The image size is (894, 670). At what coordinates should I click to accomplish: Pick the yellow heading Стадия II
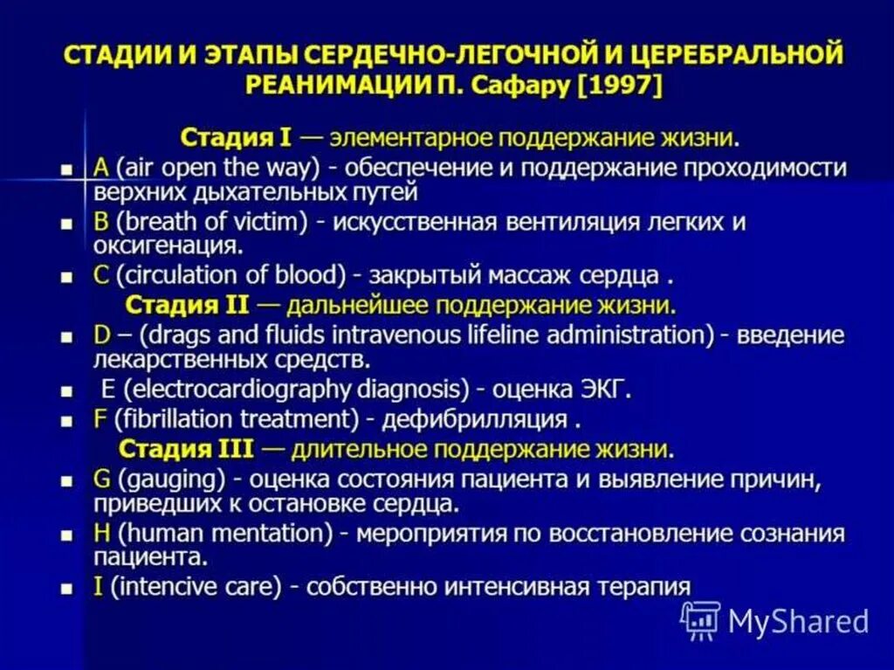click(188, 306)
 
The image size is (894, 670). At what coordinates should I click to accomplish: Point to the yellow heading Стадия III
click(186, 449)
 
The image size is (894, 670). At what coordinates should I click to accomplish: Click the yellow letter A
click(100, 167)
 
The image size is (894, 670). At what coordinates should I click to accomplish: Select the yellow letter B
click(100, 222)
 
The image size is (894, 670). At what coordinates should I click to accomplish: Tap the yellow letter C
click(100, 276)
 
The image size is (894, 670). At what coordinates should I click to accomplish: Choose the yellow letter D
click(101, 335)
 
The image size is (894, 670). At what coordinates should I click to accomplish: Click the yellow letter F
click(100, 419)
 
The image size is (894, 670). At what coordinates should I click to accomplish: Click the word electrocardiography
click(213, 389)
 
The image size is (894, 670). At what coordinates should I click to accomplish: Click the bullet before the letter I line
click(65, 589)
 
